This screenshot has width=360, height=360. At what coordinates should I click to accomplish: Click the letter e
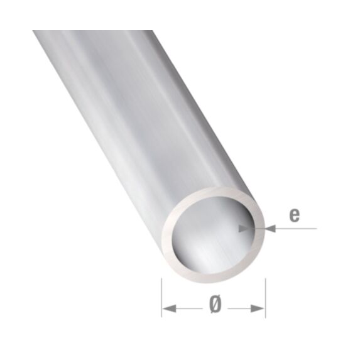click(293, 215)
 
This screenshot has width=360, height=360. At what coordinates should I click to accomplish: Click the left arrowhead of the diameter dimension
click(168, 307)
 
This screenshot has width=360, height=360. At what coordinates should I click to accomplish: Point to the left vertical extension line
click(161, 295)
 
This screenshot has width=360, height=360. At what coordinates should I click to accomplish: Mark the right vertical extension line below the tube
click(265, 295)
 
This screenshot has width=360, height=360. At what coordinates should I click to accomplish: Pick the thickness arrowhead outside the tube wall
click(271, 230)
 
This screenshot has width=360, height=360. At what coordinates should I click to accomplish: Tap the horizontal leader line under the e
click(295, 230)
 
